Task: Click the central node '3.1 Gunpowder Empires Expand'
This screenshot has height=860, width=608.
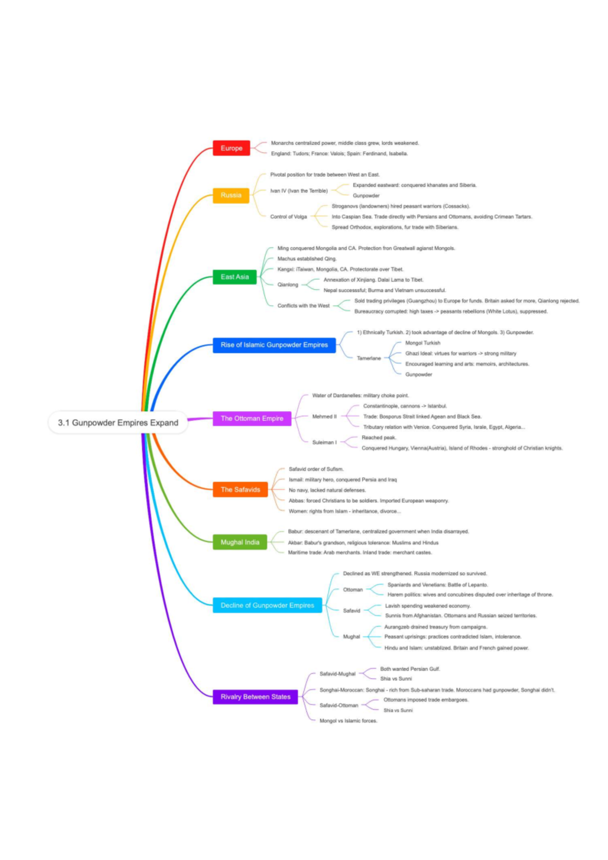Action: (118, 422)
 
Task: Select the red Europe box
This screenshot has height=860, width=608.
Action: (232, 148)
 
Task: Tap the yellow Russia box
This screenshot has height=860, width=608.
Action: (231, 195)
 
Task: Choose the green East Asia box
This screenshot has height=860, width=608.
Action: (235, 277)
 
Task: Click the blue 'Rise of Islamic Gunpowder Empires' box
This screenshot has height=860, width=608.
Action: (274, 345)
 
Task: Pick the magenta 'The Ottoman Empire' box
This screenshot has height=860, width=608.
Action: (252, 418)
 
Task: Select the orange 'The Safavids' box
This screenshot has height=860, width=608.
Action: (240, 489)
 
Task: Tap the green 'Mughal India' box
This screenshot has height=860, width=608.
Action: (240, 542)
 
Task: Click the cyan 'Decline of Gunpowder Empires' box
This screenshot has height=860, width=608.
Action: (267, 605)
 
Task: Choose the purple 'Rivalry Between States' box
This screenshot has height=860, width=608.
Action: (255, 697)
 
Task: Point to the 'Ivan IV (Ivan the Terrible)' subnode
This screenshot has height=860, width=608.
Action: (299, 191)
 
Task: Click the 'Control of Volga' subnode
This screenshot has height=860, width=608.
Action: (288, 217)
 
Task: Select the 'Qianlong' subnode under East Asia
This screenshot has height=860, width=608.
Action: (288, 285)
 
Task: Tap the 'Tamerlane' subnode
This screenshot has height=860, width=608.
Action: (369, 358)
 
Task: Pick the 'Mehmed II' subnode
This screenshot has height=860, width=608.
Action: (324, 416)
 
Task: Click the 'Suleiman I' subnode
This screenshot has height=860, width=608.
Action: (324, 442)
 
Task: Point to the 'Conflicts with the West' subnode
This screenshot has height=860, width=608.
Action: (303, 306)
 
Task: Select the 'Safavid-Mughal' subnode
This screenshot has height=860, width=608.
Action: (337, 674)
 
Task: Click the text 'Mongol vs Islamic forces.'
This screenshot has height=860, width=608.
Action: (348, 721)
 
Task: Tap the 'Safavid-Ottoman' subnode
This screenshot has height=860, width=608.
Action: (338, 705)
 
